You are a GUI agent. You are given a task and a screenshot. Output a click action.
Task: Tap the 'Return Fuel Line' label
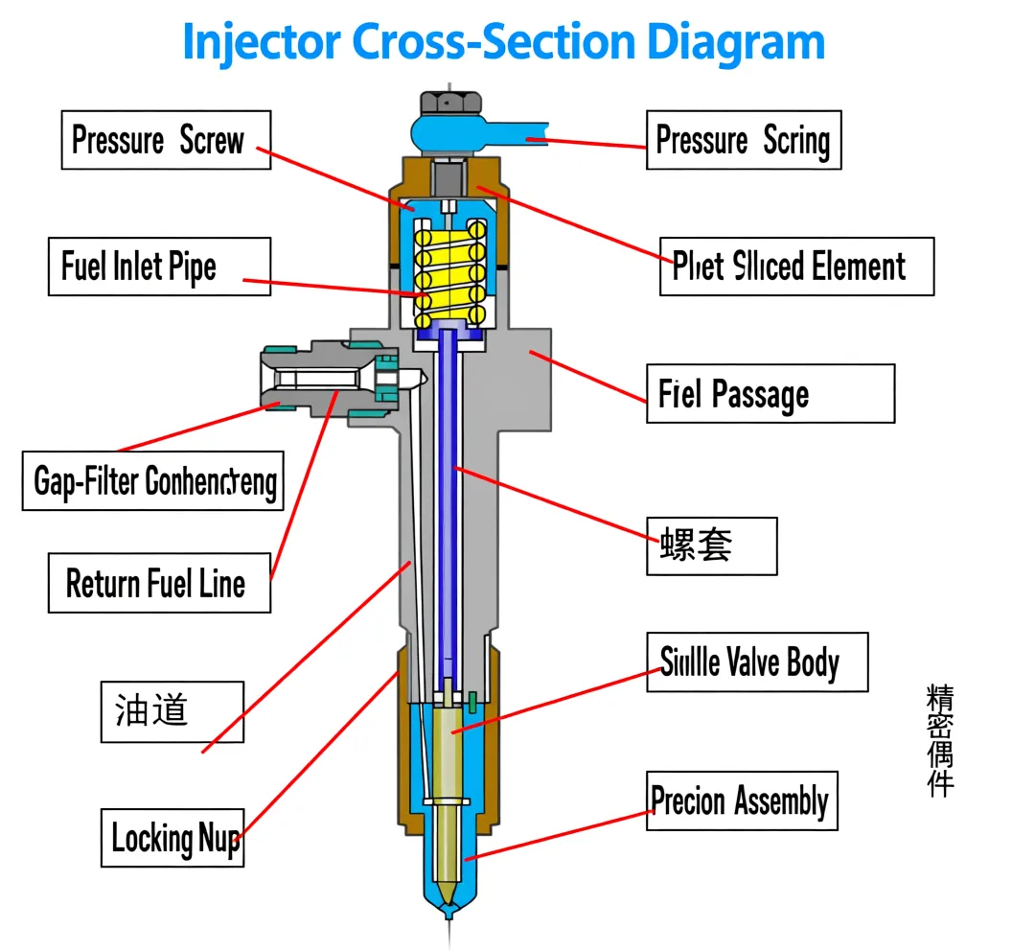click(159, 583)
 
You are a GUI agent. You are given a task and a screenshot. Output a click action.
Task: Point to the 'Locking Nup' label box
click(172, 838)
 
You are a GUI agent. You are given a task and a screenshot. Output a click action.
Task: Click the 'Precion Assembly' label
click(741, 800)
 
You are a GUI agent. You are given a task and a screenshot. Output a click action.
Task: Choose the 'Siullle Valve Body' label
click(756, 661)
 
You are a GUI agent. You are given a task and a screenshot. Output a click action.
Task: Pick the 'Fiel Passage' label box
click(770, 393)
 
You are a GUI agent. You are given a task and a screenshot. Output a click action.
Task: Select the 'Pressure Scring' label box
click(743, 140)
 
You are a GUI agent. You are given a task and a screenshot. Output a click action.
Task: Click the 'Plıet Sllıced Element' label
click(795, 266)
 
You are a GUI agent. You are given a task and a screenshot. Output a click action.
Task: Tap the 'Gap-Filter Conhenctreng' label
click(153, 480)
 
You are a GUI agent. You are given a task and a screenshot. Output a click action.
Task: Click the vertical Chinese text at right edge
click(940, 740)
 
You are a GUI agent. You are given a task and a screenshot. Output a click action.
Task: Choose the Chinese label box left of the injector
click(172, 711)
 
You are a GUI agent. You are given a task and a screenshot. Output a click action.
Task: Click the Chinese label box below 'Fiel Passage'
click(711, 545)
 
